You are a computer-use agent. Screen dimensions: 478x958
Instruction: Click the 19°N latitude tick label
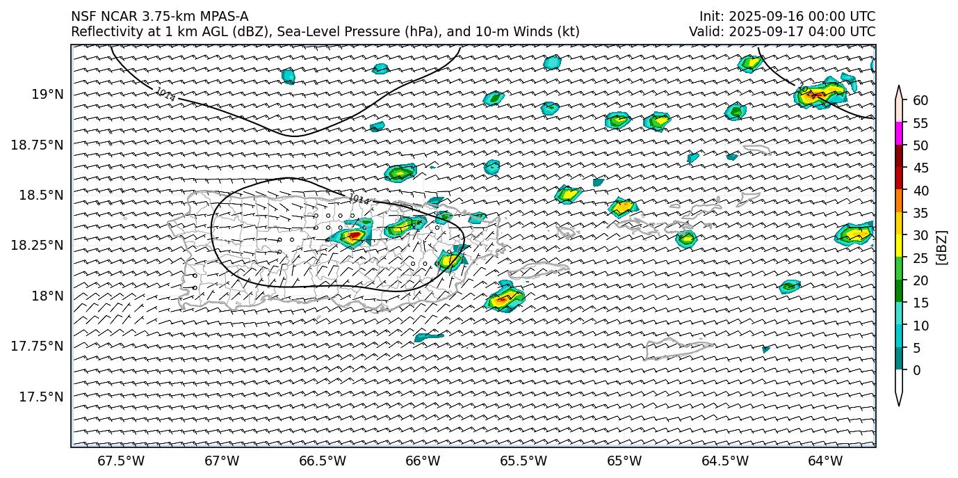(47, 94)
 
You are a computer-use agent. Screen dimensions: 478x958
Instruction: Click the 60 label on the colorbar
(920, 101)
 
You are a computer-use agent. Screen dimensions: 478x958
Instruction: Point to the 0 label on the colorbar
(916, 370)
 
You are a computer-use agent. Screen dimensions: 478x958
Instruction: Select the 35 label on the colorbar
(920, 213)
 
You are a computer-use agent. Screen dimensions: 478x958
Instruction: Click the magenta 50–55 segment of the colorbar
(899, 134)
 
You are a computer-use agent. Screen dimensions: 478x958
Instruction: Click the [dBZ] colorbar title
(942, 247)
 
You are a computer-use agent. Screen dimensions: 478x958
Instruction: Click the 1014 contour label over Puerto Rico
(359, 200)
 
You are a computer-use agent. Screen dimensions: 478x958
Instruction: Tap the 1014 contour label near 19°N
(165, 94)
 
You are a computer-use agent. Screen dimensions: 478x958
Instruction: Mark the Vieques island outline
(539, 269)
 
